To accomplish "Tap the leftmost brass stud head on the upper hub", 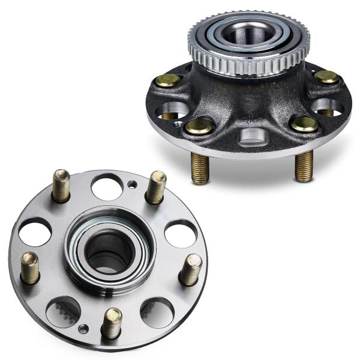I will point(167,80).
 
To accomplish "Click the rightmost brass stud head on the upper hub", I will point(327,77).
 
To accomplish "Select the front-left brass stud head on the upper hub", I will point(199,125).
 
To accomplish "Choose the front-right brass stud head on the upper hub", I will point(304,124).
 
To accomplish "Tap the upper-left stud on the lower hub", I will point(61,185).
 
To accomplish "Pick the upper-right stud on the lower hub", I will point(157,187).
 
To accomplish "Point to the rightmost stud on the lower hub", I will point(191,269).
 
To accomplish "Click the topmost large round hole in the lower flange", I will point(107,187).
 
